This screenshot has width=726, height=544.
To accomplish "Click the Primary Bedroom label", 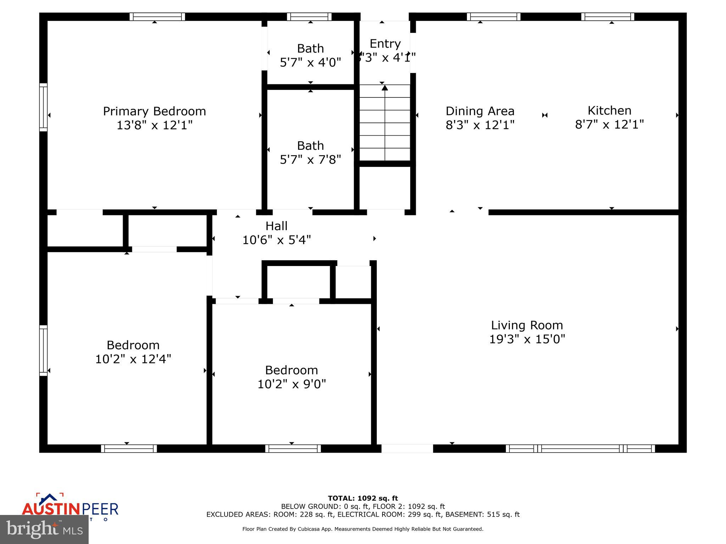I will click(154, 111).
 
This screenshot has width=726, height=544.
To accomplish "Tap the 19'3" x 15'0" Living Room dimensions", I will click(527, 339).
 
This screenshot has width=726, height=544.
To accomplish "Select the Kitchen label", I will click(609, 110).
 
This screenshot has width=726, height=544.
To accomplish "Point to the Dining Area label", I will click(480, 111).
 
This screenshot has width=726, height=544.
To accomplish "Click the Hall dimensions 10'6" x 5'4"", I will click(277, 240).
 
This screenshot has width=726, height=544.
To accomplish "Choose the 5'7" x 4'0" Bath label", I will click(310, 49).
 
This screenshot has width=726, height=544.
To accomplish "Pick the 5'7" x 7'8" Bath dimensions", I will click(310, 160).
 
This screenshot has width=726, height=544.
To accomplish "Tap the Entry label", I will click(385, 44).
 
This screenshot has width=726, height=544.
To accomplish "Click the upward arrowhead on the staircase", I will click(385, 87).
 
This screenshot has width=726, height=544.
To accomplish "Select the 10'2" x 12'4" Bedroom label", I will click(133, 345).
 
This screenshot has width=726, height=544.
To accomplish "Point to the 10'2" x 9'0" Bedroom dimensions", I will click(291, 384).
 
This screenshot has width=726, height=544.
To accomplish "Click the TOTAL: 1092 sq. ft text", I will click(363, 498).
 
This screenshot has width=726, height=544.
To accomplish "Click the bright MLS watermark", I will click(44, 530).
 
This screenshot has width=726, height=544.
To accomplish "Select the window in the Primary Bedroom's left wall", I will click(43, 107).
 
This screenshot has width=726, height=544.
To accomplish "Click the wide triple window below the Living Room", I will click(580, 449).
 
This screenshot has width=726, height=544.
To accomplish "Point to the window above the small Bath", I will click(309, 17).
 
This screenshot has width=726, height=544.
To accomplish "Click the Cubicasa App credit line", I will click(363, 529).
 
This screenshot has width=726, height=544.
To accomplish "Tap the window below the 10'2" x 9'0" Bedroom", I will click(293, 449).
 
